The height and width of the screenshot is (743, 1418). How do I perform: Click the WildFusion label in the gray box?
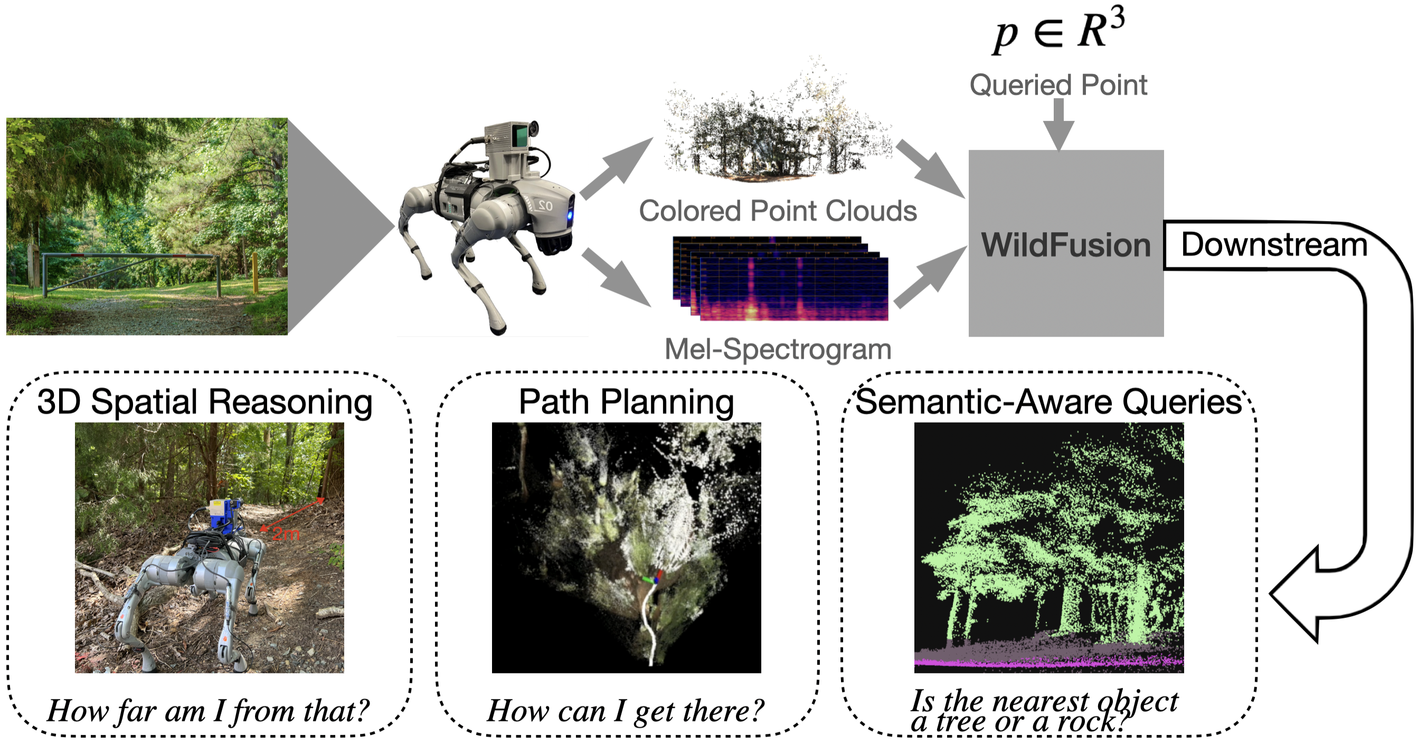click(x=1066, y=245)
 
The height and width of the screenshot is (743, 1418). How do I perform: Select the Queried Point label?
click(x=1058, y=85)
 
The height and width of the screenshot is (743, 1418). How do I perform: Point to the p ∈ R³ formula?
click(x=1058, y=30)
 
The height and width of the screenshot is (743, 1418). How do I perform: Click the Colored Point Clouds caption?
click(x=777, y=211)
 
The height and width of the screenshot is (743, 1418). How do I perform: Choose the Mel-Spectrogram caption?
click(x=777, y=349)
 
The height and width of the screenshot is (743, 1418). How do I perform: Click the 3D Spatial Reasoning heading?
click(x=205, y=402)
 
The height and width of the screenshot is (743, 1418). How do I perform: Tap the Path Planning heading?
click(x=626, y=402)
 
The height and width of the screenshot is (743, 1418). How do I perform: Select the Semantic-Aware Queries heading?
click(x=1048, y=402)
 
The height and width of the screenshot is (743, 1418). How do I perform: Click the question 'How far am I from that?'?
click(x=208, y=710)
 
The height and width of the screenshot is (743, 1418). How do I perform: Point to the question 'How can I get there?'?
click(x=626, y=710)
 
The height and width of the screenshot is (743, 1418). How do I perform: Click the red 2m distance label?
click(x=286, y=534)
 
